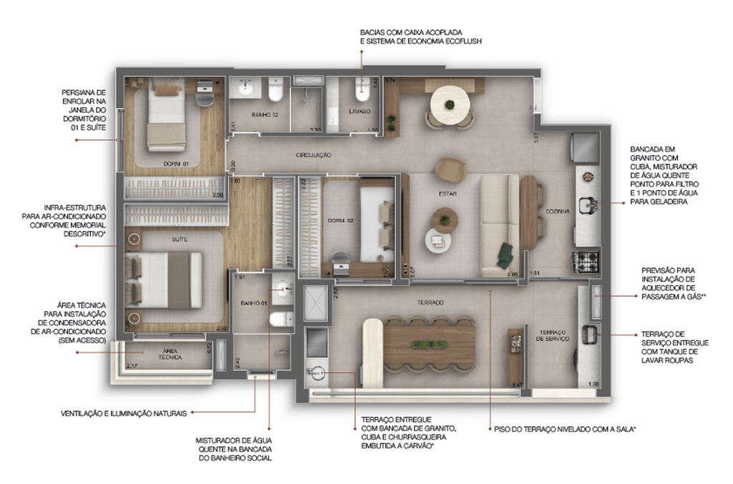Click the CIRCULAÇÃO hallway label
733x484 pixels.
(x=313, y=154)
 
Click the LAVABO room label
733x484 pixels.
(x=360, y=112)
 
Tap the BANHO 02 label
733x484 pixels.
(x=264, y=114)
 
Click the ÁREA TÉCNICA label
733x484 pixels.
(x=170, y=355)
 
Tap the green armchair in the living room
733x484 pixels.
(x=507, y=252)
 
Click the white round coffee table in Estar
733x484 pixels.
(x=438, y=239)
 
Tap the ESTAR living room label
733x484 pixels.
(x=448, y=194)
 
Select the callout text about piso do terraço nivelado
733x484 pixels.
(x=565, y=429)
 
